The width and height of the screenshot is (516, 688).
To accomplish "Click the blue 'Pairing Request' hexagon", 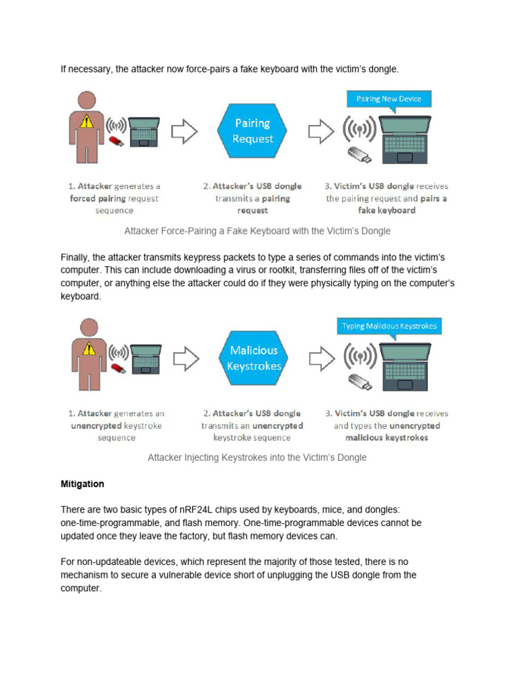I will [253, 131].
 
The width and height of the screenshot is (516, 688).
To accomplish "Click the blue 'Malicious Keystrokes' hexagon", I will [253, 358].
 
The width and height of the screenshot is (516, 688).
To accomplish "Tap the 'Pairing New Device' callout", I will [388, 99].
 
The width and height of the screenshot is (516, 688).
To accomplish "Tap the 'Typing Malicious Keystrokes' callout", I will [389, 326].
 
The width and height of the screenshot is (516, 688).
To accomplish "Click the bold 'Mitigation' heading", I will [82, 484].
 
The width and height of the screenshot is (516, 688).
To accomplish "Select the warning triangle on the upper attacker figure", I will [86, 122].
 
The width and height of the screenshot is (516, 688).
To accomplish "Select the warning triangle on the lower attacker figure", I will [86, 348].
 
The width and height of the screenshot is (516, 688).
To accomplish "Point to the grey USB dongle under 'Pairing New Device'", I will [359, 155].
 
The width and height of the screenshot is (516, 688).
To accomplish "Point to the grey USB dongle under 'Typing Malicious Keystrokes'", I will [359, 382].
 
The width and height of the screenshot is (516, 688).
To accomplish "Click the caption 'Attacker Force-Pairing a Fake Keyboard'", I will [257, 230].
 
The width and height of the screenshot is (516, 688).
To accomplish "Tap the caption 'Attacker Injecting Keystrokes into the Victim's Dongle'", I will [257, 458].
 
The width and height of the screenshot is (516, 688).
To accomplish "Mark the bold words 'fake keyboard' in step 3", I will [387, 210].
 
